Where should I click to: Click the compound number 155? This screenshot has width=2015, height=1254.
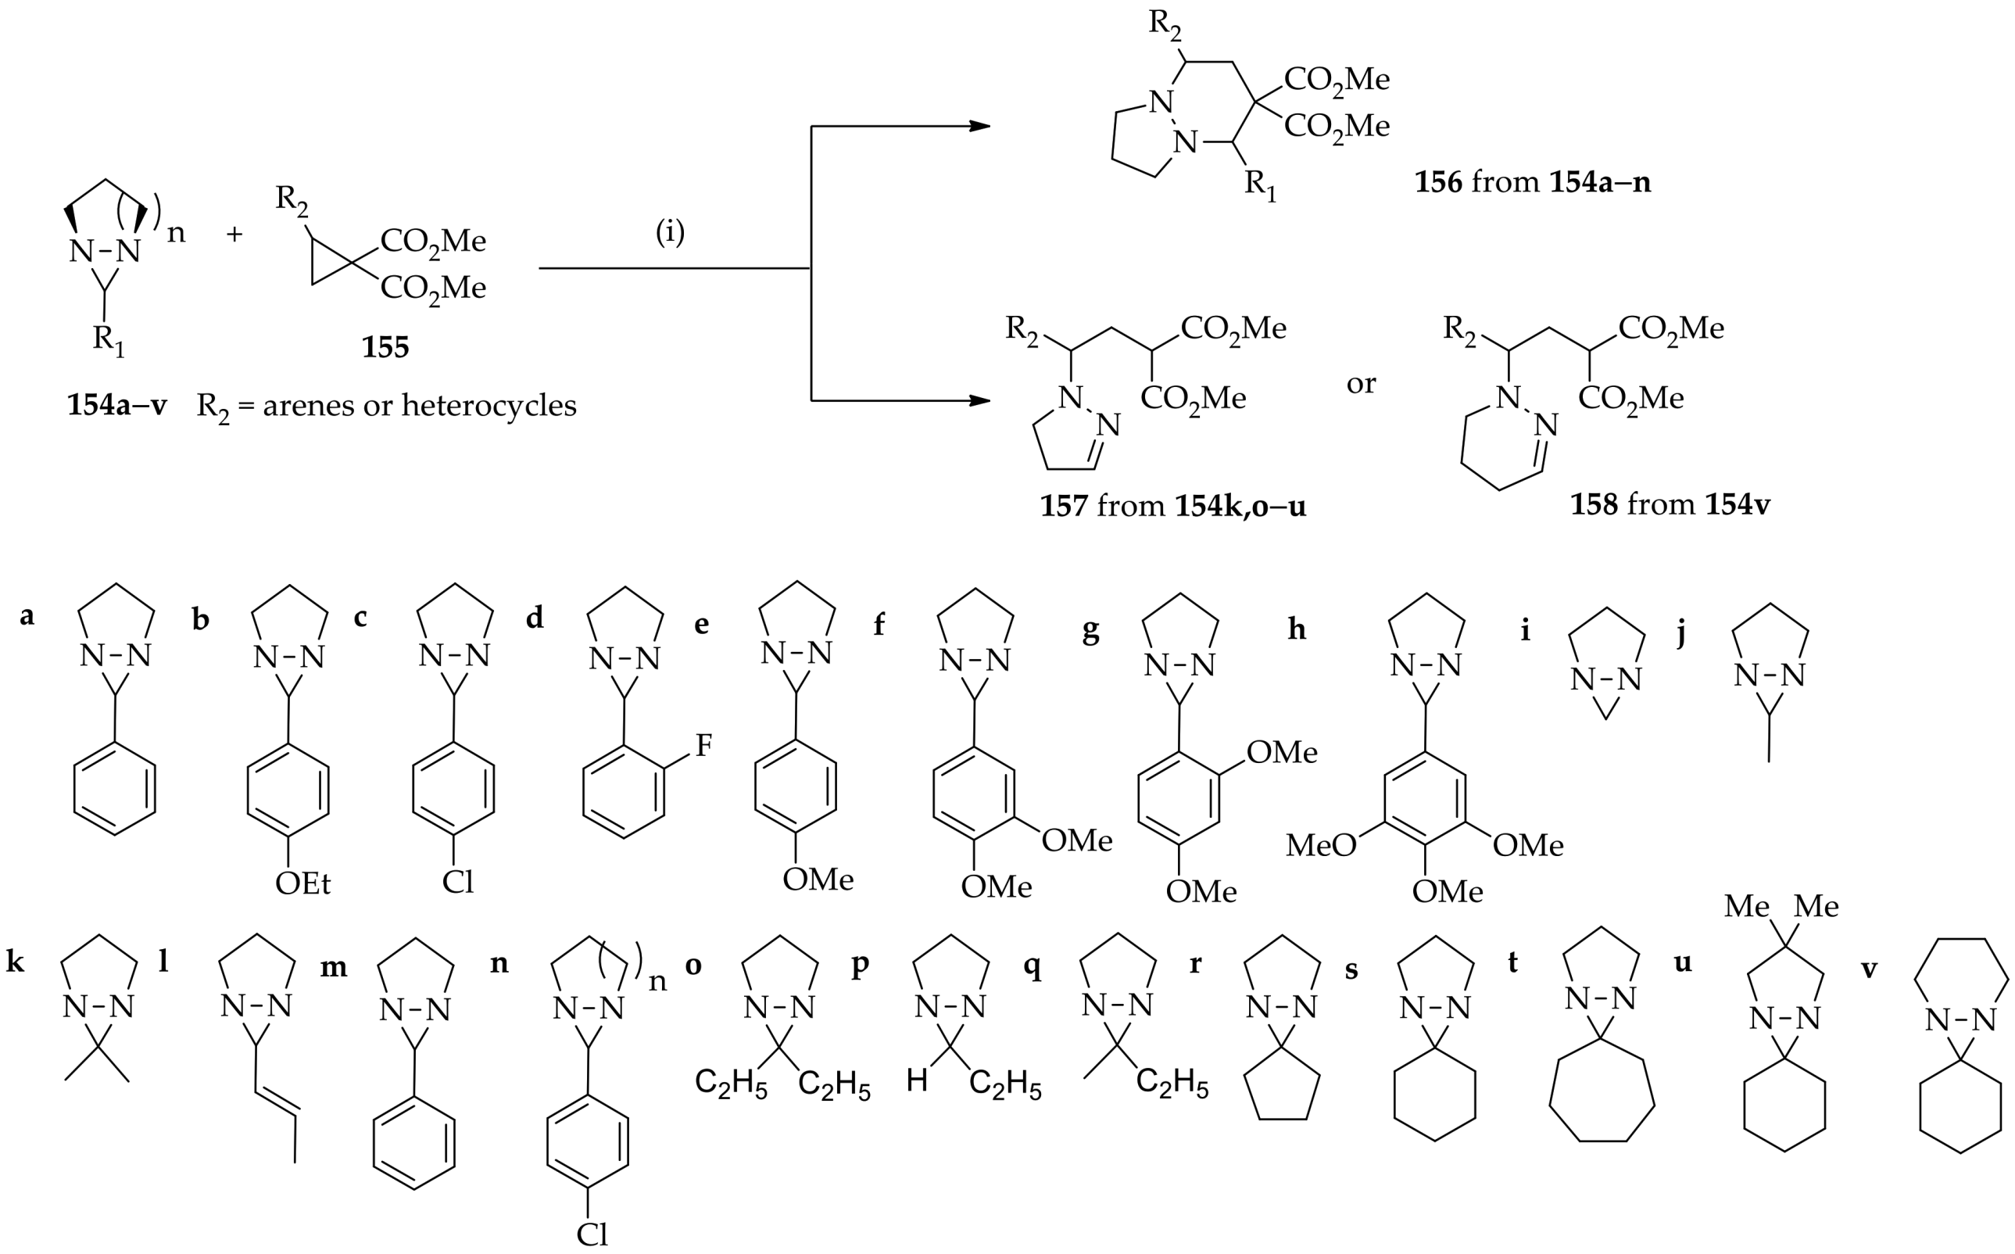[385, 346]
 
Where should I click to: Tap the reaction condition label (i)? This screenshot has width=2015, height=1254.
[670, 233]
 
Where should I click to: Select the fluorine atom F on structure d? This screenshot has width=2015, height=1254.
[703, 746]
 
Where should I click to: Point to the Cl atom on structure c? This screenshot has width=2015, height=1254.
[458, 883]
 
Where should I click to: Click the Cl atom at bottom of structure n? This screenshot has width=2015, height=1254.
[592, 1235]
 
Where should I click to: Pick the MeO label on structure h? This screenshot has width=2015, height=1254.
[1321, 845]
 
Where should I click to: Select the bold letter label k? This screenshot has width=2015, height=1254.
[15, 963]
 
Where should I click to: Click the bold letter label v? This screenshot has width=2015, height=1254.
[1869, 968]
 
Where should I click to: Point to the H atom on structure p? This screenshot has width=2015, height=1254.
[916, 1080]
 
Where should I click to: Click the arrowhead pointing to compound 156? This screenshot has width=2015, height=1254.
[980, 126]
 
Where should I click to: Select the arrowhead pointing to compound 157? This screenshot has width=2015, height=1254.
[980, 400]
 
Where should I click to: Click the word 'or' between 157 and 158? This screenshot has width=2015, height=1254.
[1361, 383]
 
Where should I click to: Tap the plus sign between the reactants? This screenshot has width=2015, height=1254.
[234, 235]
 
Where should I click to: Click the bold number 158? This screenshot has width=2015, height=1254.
[1593, 504]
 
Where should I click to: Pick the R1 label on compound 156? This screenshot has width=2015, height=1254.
[1261, 186]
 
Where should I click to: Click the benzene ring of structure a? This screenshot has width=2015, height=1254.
[114, 788]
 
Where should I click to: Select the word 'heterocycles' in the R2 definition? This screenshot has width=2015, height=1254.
[489, 406]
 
